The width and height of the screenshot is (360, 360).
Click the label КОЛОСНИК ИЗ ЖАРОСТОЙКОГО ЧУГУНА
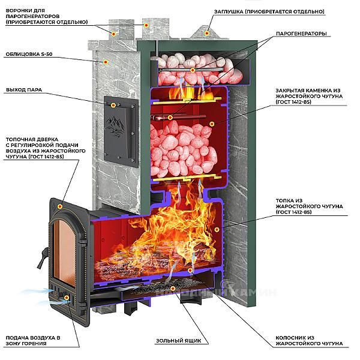310,340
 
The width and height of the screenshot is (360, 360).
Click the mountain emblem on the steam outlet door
116,125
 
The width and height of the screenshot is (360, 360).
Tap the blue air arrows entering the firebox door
54,298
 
